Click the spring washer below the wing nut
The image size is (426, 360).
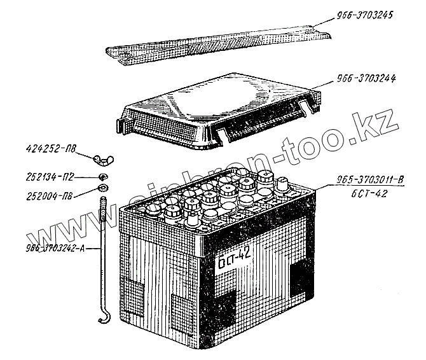tap(102, 176)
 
